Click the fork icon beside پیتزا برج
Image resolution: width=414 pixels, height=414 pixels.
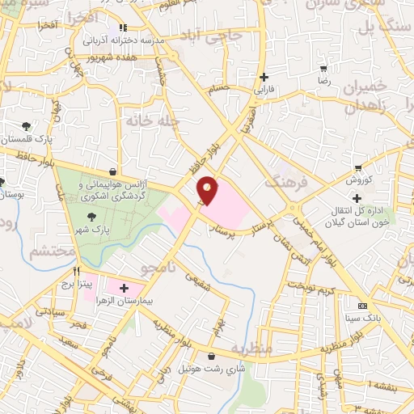pos(76,272)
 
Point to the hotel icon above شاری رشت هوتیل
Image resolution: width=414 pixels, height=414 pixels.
pos(211,356)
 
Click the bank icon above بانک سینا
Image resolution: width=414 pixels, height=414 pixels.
pos(361,306)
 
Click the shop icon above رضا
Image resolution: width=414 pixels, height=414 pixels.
pos(324,70)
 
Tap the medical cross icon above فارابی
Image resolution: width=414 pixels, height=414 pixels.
pos(263,78)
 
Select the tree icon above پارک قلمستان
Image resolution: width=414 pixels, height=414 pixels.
pos(27,125)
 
